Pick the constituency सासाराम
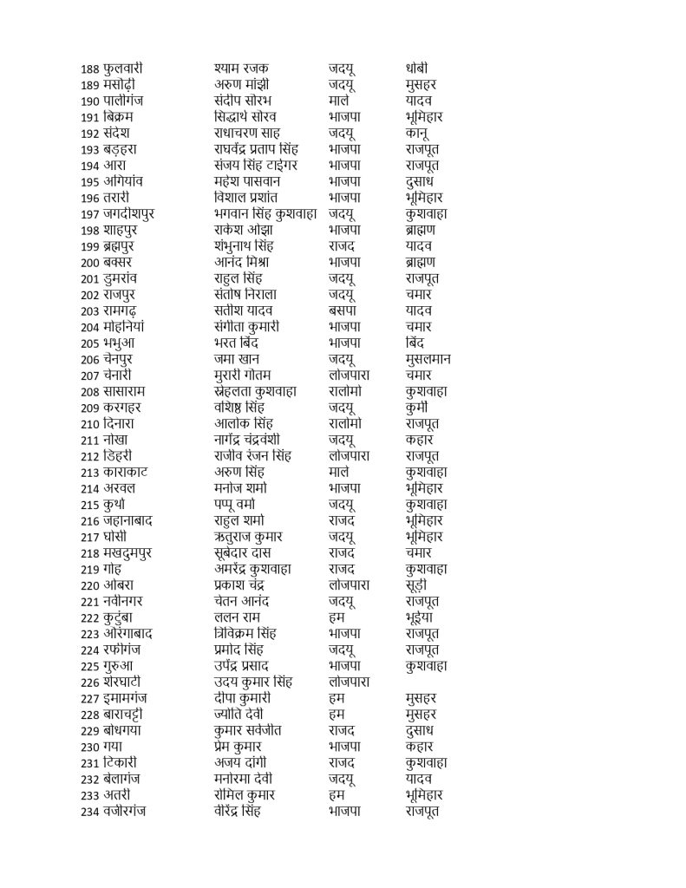point(130,391)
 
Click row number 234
point(90,812)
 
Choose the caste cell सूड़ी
point(421,585)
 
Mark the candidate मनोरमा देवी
point(248,780)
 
